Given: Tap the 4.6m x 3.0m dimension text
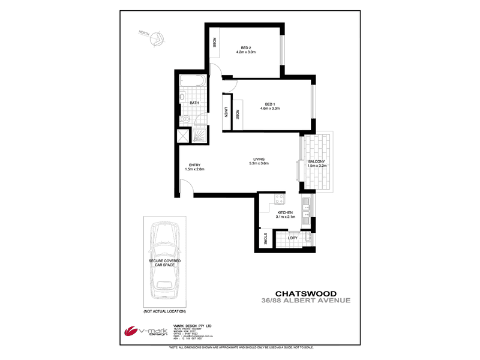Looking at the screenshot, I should [270, 109].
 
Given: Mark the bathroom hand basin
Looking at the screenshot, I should [182, 96].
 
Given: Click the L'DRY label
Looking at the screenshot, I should [292, 239].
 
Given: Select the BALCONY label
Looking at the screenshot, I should [316, 162].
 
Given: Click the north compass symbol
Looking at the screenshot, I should [158, 38].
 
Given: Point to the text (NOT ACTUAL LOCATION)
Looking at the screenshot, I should [164, 311].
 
